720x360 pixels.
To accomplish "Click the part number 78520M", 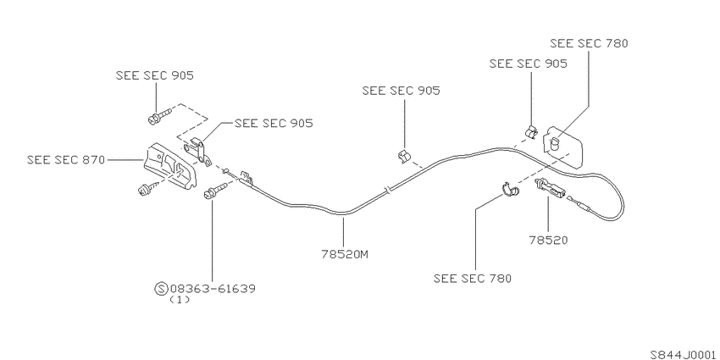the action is pos(345,254).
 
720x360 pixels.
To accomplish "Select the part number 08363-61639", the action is pos(213,289).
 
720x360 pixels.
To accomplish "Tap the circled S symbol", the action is pos(161,289).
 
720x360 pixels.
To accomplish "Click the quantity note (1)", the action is pos(179,300).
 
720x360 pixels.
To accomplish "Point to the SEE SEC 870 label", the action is pos(66,160).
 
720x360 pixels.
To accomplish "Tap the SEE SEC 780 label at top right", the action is pos(589,43).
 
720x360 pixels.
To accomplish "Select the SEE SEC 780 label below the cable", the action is pos(472,279).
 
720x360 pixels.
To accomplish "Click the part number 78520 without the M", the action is pos(548,240).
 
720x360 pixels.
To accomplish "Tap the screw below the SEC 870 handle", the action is pos(148,188).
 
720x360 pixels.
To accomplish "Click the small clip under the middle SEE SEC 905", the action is pos(405,156).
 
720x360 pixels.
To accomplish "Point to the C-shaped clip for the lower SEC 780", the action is pos(510,190).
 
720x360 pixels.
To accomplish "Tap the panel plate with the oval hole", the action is pos(563,147).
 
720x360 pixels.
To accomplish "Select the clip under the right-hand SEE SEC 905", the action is pos(531,131).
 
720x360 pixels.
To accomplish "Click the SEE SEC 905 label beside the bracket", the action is pos(274,123).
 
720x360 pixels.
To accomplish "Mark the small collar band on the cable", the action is pos(389,189).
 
